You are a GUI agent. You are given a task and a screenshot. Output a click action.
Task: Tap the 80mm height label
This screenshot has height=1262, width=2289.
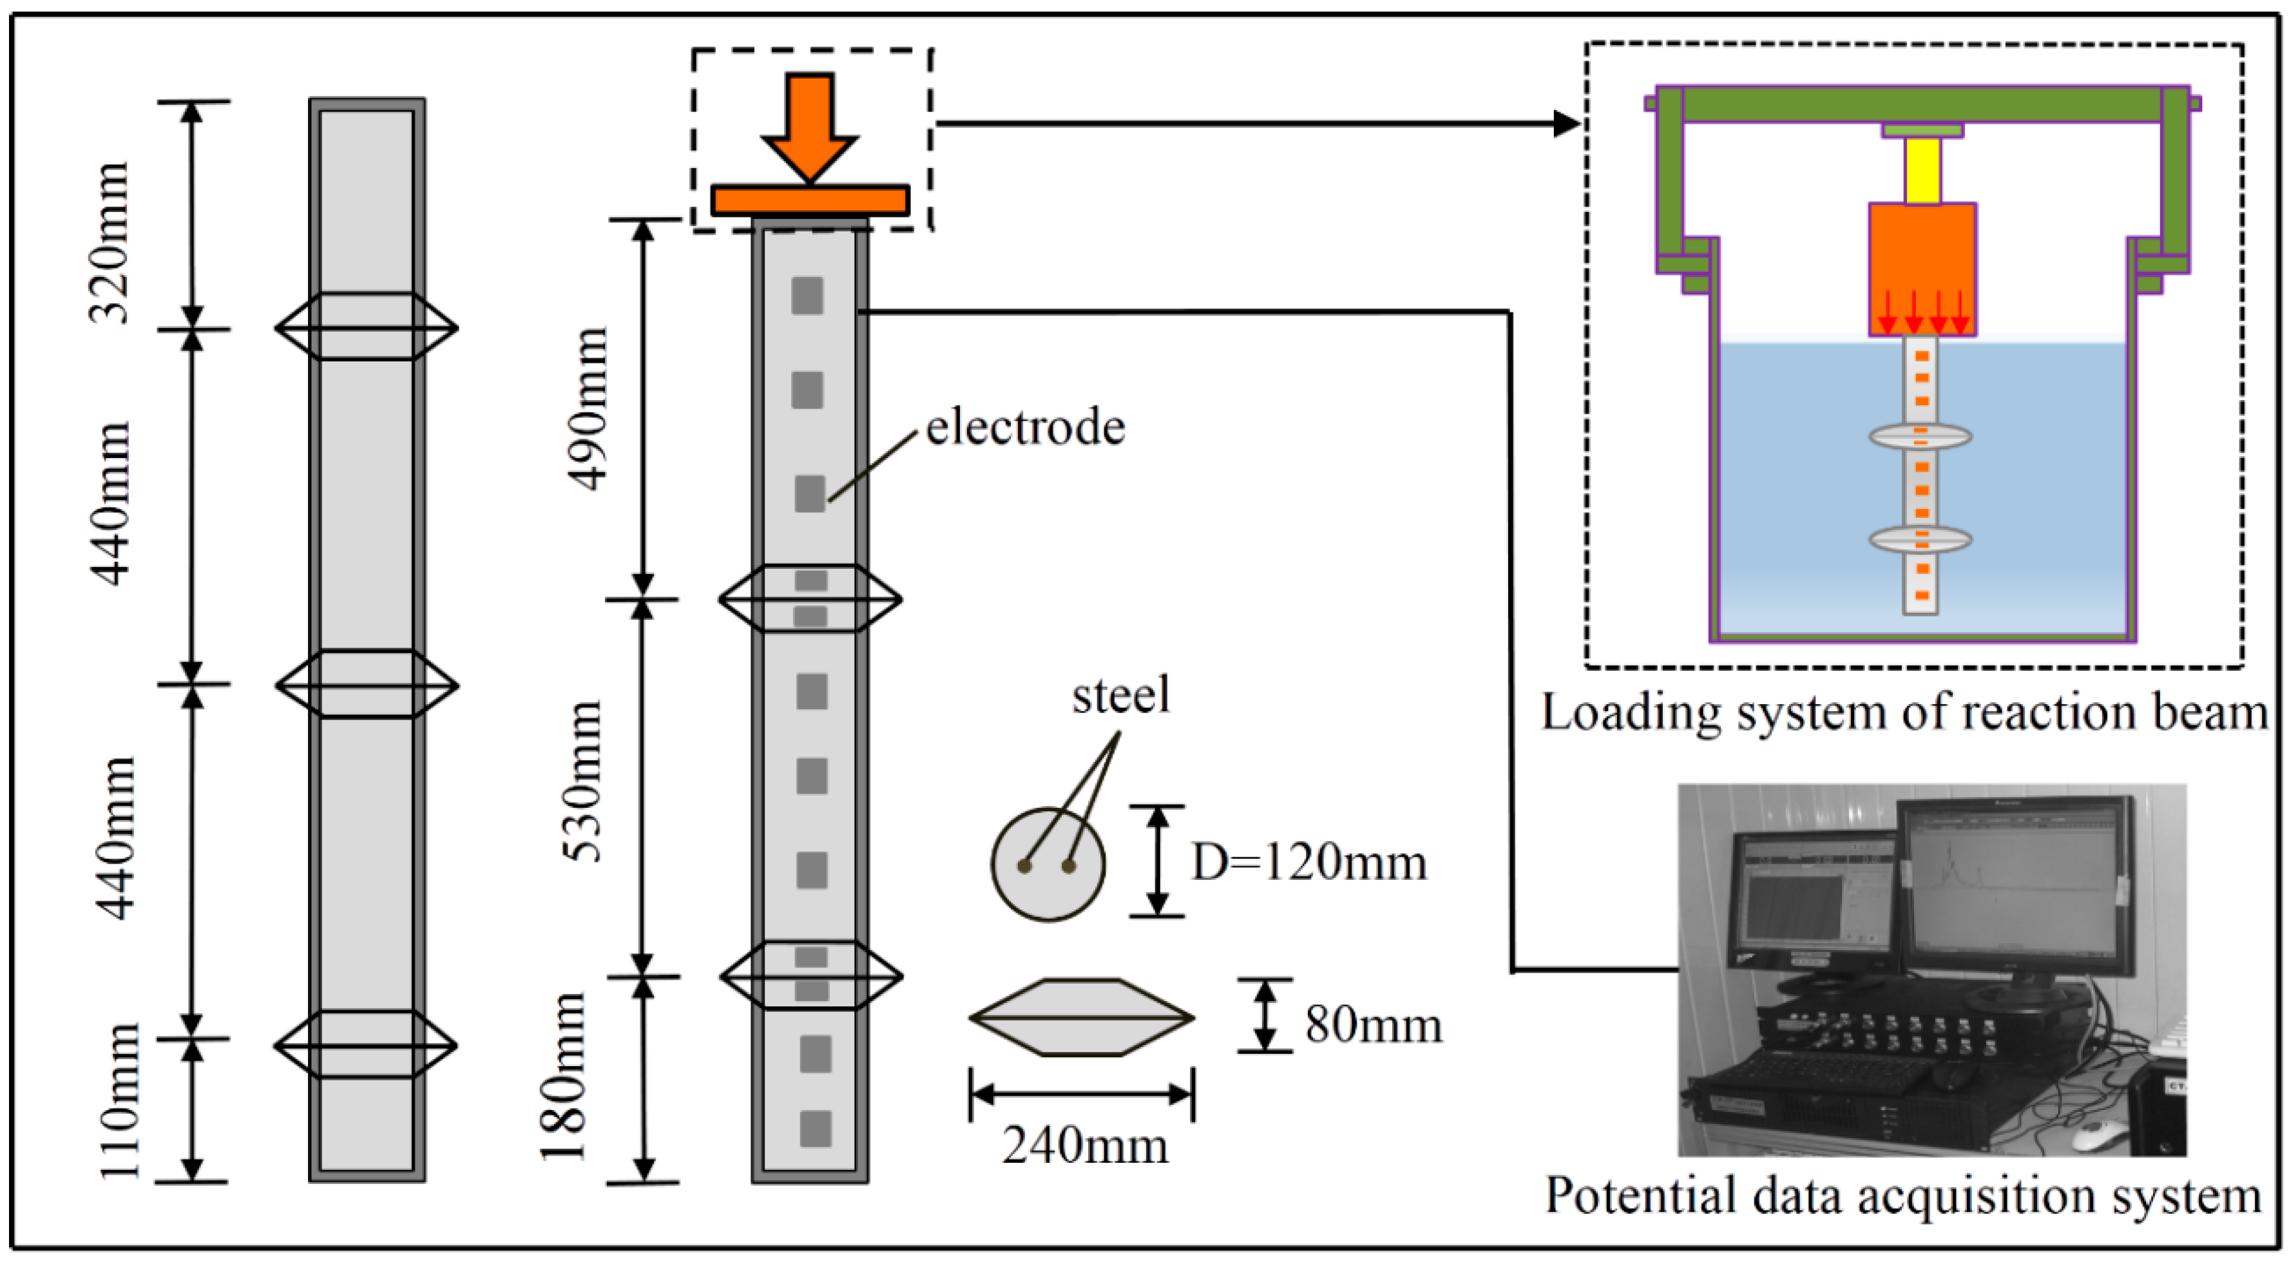click(x=1373, y=1025)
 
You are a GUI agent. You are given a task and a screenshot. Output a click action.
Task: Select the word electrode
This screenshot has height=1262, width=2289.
click(x=1026, y=428)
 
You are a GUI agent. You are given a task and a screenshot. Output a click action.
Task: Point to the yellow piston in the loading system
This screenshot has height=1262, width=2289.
click(x=1922, y=171)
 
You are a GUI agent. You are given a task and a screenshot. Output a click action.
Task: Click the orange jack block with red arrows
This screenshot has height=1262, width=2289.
click(x=1922, y=267)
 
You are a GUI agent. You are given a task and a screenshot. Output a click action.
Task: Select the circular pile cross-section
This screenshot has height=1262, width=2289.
click(x=1049, y=864)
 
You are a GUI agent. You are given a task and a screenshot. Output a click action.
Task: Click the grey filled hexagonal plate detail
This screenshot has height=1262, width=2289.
click(x=1082, y=1018)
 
